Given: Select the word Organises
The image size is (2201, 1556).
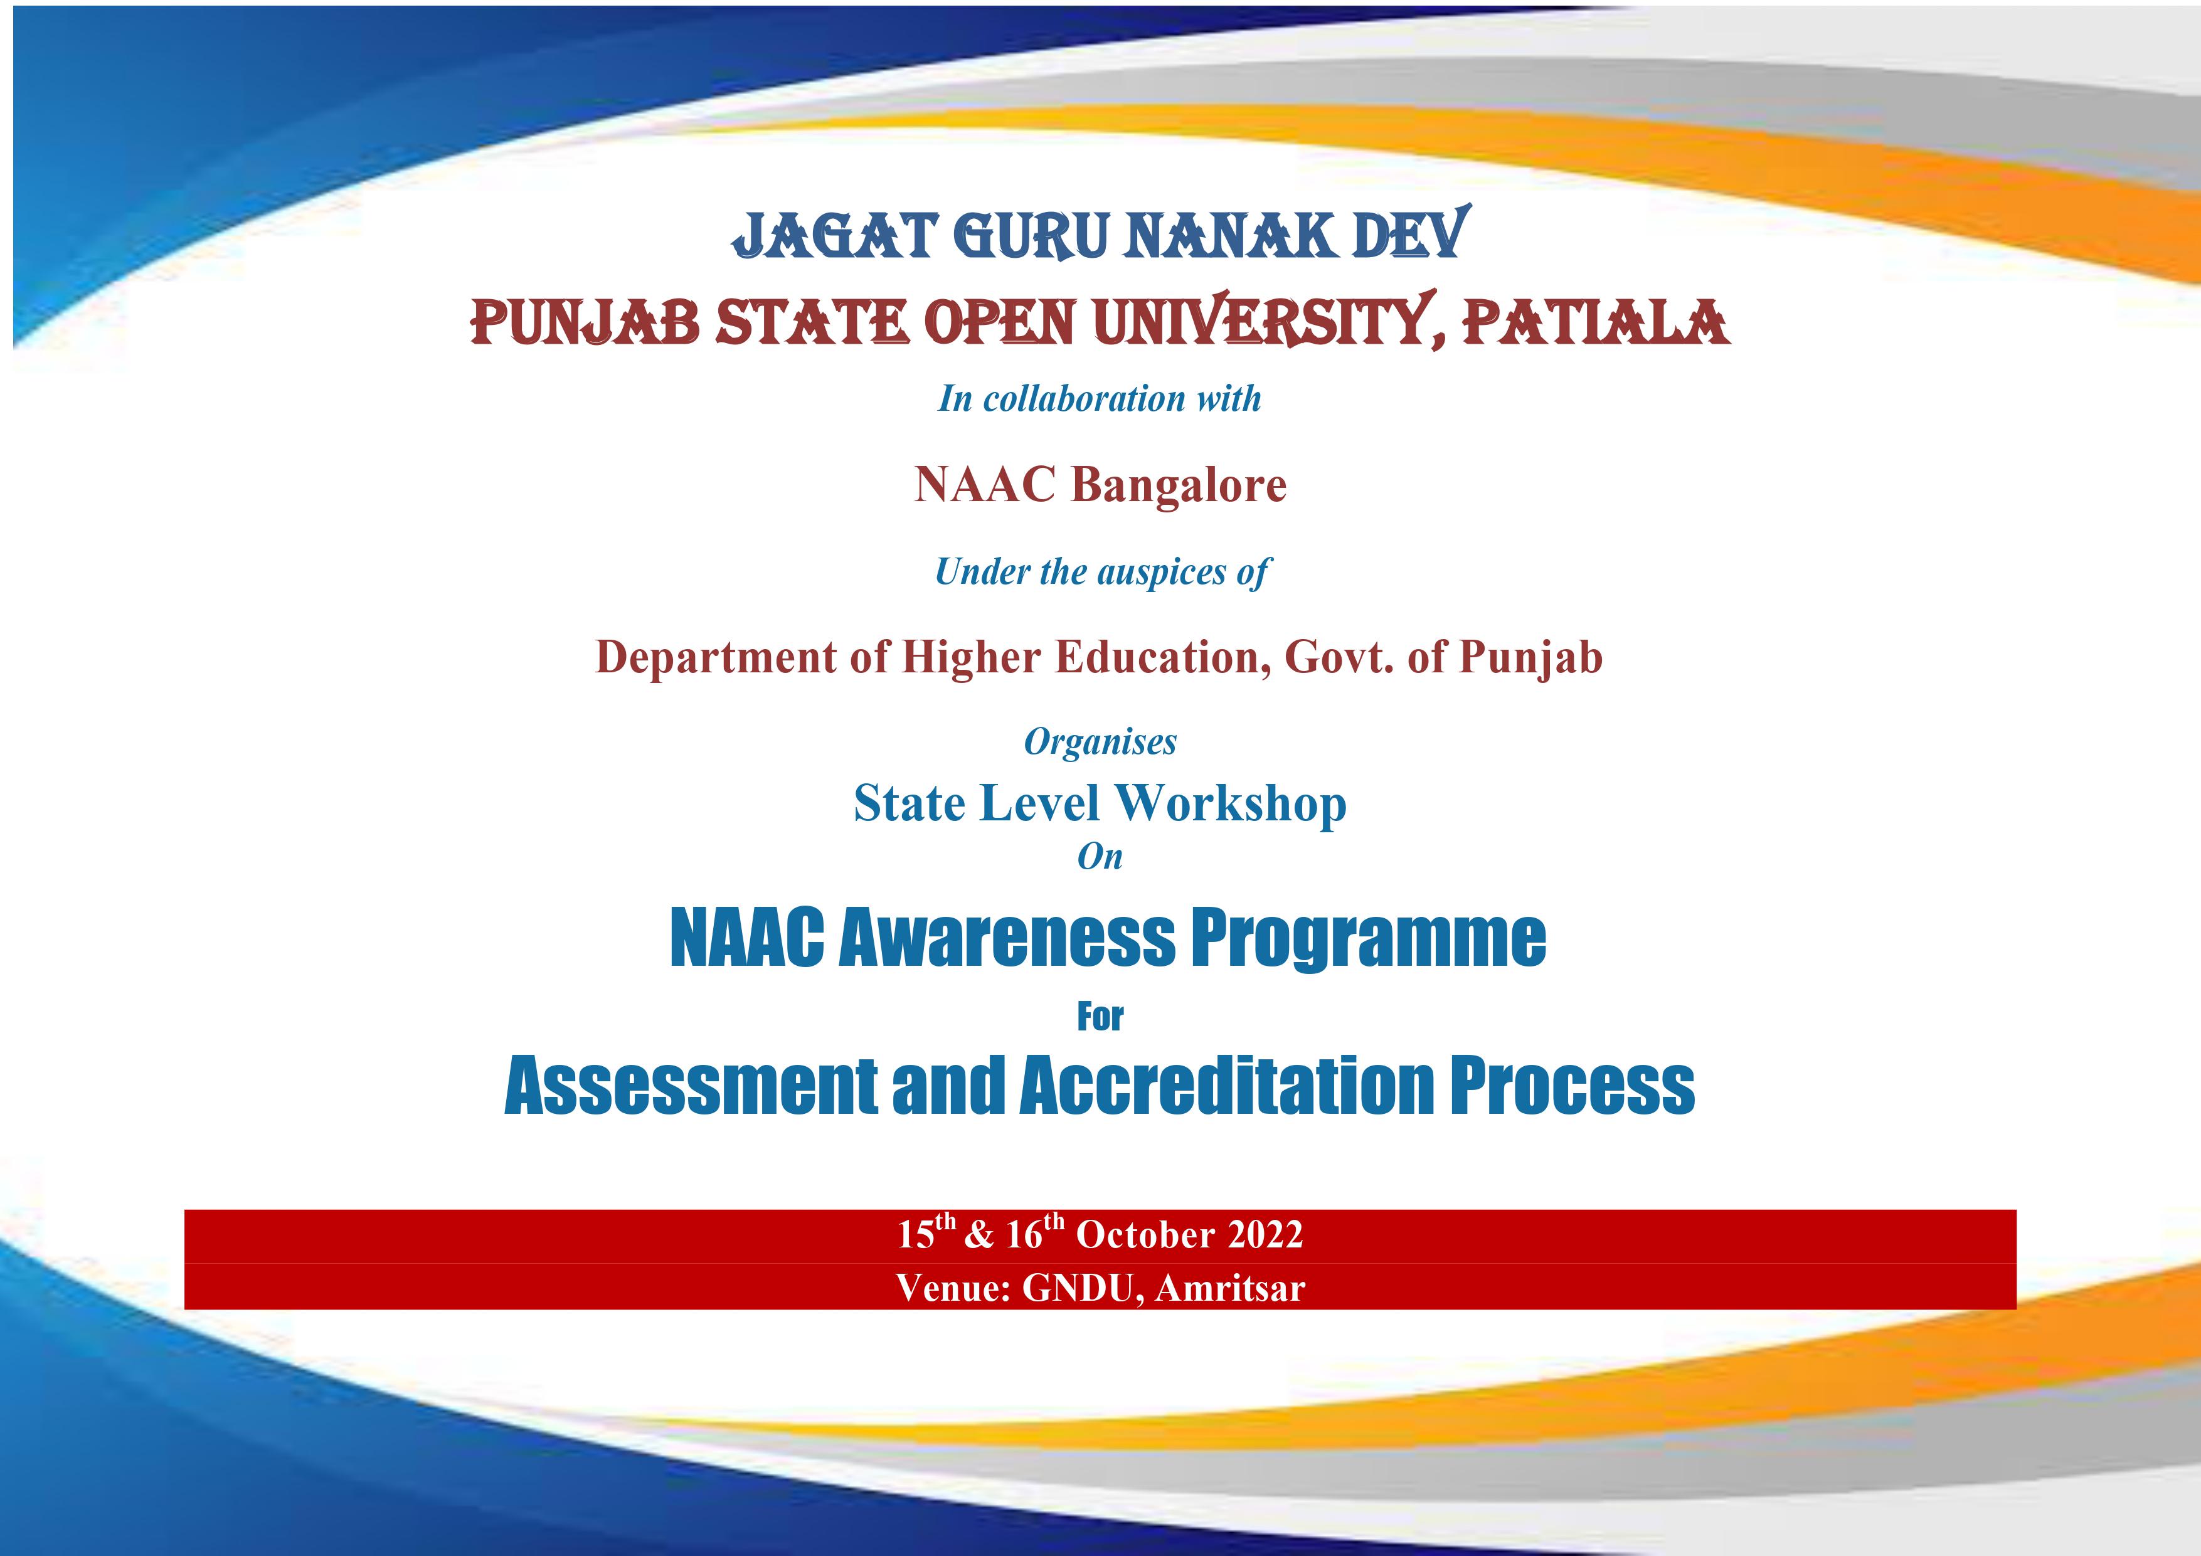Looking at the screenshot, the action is tap(1100, 742).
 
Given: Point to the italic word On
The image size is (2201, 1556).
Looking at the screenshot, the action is tap(1100, 856).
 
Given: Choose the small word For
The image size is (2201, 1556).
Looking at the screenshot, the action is tap(1100, 1016).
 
